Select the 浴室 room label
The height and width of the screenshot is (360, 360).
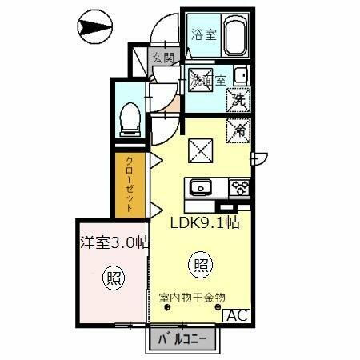pyautogui.click(x=202, y=34)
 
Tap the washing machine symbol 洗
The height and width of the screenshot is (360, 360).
pyautogui.click(x=238, y=98)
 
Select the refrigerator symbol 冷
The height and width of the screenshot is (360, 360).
pyautogui.click(x=238, y=128)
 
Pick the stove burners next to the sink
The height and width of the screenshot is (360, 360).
pyautogui.click(x=238, y=189)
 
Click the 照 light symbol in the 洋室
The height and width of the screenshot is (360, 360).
pyautogui.click(x=114, y=278)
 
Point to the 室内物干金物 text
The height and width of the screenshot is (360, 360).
pyautogui.click(x=193, y=298)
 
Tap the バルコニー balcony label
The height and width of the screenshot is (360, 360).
pyautogui.click(x=182, y=338)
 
